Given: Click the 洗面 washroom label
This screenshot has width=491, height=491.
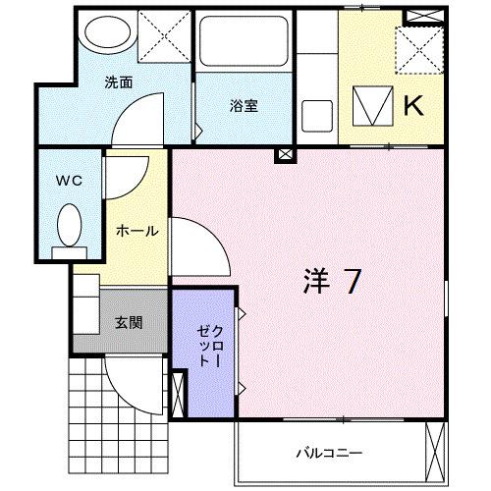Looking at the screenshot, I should tap(119, 82).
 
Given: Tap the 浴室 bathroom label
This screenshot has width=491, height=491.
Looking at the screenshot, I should tap(245, 105).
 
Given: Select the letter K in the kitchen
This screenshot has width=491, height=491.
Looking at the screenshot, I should tap(412, 105).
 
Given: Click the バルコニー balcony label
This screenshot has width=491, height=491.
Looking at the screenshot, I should tap(330, 454).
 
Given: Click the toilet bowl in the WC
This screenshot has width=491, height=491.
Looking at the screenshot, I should tap(69, 226).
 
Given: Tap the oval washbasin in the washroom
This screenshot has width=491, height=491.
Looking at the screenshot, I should tap(101, 33).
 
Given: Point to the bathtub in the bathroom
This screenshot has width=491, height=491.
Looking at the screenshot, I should tap(242, 43).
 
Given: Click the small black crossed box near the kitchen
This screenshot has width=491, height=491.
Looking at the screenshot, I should tap(285, 153).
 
